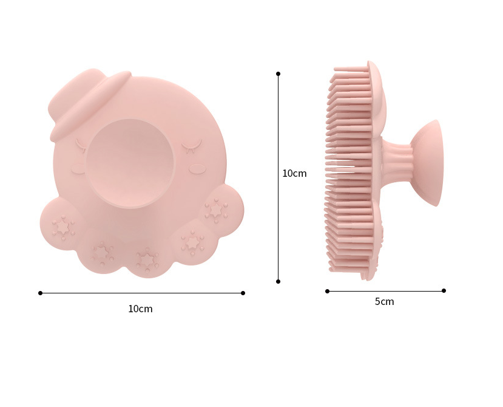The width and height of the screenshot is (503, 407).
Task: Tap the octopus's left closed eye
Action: pos(81,145)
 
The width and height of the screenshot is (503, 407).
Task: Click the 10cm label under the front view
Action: pos(140,309)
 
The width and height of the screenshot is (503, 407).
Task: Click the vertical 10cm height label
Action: pos(294,173)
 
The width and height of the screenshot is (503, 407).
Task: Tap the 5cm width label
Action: pos(384,301)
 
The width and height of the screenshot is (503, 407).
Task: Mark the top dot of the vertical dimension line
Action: pos(278,74)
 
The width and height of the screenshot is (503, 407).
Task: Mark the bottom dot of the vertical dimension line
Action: pos(278,281)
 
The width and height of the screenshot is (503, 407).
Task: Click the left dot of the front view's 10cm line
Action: pos(40,293)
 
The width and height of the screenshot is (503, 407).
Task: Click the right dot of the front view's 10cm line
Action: pos(243,293)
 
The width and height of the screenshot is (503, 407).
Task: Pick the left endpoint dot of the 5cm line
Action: pos(327,291)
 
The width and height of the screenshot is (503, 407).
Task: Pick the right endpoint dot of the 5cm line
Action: pos(444,290)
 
